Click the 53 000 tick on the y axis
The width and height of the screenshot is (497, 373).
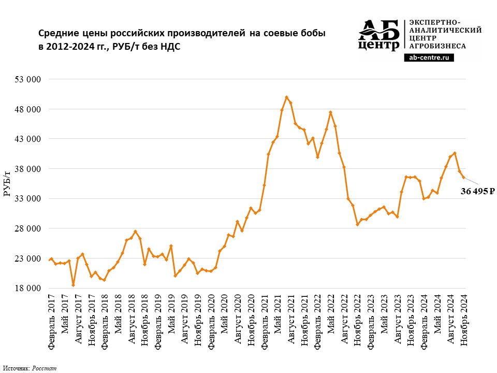click(x=27, y=79)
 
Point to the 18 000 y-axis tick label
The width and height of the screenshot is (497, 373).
click(x=27, y=289)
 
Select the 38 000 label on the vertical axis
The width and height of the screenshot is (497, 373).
click(x=27, y=169)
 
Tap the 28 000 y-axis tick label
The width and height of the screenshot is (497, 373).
click(x=27, y=228)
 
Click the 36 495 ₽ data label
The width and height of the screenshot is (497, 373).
click(x=477, y=191)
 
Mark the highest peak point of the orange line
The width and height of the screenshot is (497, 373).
click(x=286, y=97)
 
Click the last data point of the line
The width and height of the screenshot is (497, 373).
click(x=463, y=177)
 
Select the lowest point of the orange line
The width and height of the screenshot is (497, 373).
click(x=73, y=285)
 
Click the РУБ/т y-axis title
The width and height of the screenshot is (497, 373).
click(x=7, y=183)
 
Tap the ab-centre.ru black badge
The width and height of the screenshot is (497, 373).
click(x=429, y=58)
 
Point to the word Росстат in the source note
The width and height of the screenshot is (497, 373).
click(x=44, y=368)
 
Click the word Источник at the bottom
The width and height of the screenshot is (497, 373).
click(x=17, y=368)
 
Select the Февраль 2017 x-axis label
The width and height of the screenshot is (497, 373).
click(x=51, y=321)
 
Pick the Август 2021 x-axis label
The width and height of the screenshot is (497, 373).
click(x=291, y=319)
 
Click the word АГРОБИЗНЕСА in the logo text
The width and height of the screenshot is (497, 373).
click(x=438, y=46)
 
